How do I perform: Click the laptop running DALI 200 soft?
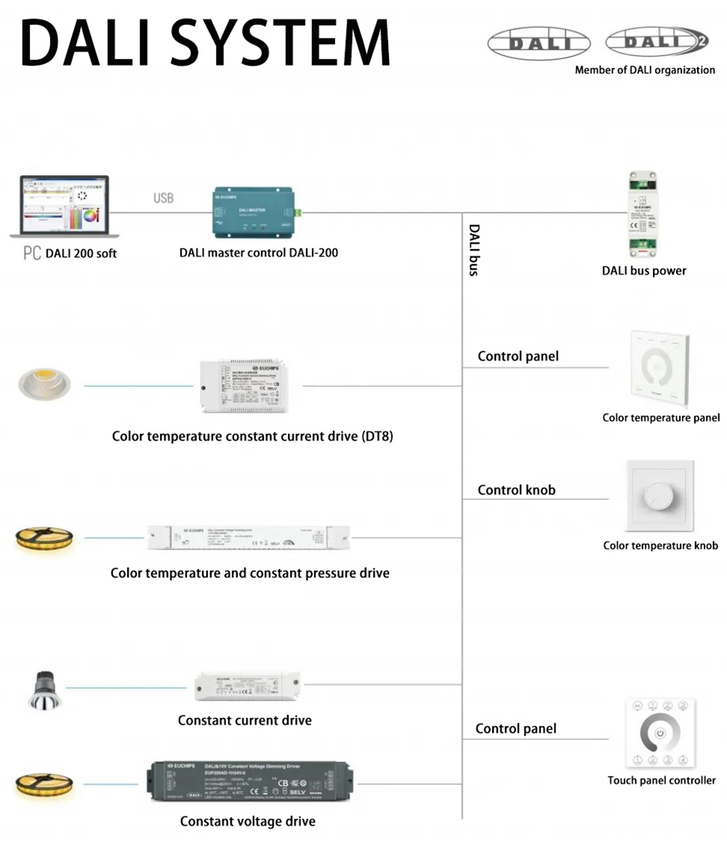click(x=64, y=206)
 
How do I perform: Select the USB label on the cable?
click(x=164, y=198)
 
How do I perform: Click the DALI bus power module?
click(x=642, y=214)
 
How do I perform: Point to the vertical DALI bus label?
click(x=474, y=250)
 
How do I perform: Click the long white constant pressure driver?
click(x=249, y=537)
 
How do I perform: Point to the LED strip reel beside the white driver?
click(x=44, y=538)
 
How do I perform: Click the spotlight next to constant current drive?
click(x=41, y=690)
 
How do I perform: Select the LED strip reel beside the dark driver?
click(x=44, y=785)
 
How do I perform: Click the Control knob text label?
click(x=516, y=490)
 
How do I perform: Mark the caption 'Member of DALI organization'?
click(x=645, y=70)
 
